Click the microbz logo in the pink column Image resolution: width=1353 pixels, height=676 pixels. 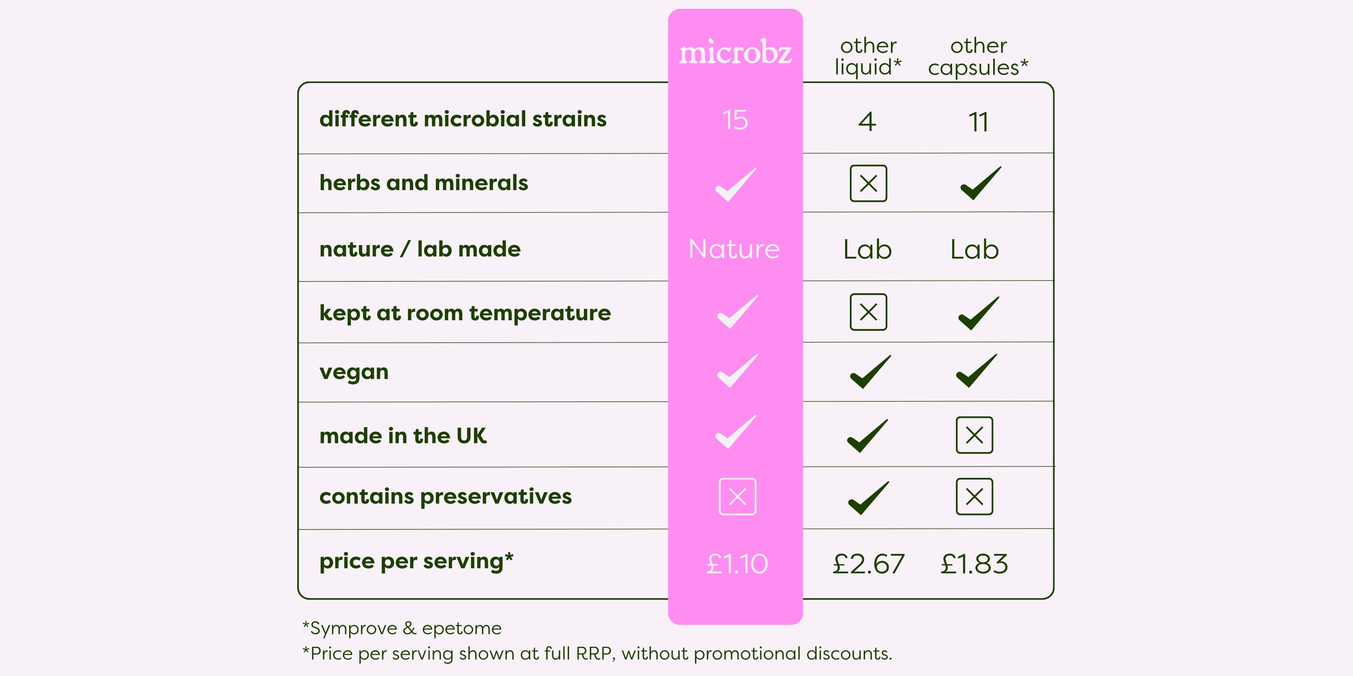735,52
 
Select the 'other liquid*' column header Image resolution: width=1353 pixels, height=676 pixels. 868,57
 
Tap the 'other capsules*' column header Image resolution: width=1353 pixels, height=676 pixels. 978,57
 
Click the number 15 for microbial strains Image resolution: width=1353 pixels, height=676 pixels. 735,120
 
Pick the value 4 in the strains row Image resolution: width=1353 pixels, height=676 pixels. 867,121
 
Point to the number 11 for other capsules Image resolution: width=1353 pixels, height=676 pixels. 978,122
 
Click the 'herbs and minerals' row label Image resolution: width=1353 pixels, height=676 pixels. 424,183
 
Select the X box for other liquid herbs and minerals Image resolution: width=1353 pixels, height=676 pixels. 868,183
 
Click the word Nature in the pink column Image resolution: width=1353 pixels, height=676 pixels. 734,249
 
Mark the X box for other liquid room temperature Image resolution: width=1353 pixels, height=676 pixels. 868,312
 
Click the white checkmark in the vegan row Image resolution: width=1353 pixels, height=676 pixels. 737,371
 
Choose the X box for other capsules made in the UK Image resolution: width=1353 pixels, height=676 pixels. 974,435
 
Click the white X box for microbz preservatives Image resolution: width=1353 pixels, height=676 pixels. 737,496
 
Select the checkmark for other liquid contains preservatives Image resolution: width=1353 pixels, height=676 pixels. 868,498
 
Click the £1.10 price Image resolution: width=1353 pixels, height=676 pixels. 737,564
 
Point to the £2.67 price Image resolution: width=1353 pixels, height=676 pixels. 868,564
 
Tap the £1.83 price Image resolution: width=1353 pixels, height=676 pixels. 974,564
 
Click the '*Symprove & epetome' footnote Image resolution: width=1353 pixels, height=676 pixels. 402,628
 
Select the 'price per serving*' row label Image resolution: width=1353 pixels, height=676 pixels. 416,561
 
